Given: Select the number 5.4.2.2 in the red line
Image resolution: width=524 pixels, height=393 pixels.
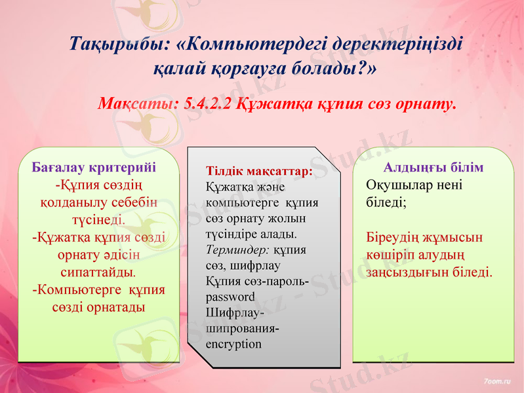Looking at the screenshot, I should click(x=208, y=103).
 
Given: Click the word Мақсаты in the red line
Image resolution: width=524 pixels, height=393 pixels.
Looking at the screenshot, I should click(x=137, y=103).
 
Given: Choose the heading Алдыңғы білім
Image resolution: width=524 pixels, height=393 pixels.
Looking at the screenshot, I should click(x=433, y=167).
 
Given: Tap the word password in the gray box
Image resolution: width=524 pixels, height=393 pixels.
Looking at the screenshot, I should click(x=230, y=297).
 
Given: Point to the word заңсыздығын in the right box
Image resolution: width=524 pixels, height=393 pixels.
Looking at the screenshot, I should click(x=407, y=271).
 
